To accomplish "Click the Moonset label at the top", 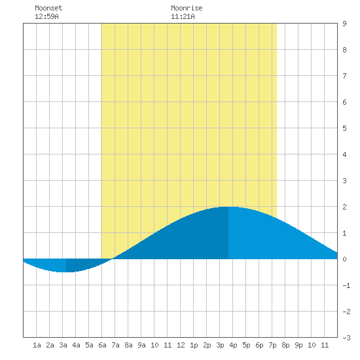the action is click(48, 8).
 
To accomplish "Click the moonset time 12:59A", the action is click(46, 16).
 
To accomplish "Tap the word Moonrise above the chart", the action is click(187, 8).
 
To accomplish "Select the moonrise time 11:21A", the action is click(183, 16).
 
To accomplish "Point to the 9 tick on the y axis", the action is click(344, 24).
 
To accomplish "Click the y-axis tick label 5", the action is click(344, 128).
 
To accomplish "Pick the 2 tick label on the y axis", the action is click(344, 207).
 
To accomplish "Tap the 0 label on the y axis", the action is click(344, 259).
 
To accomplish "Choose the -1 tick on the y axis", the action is click(346, 285).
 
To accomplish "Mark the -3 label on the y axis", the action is click(346, 338).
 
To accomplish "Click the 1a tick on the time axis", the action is click(37, 345).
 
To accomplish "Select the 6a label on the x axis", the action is click(102, 345).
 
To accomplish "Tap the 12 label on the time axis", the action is click(181, 345).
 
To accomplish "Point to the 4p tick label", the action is click(233, 345).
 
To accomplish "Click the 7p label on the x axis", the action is click(272, 345).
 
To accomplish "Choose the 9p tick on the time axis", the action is click(298, 345).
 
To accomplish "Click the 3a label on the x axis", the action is click(63, 345).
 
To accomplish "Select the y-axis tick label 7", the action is click(344, 76).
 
